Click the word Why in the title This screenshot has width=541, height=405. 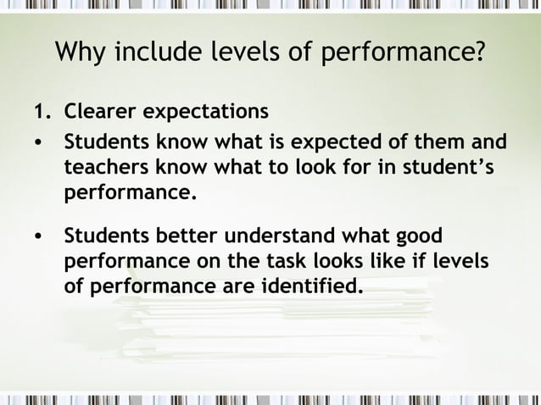click(x=81, y=53)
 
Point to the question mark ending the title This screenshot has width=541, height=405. click(x=480, y=53)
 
